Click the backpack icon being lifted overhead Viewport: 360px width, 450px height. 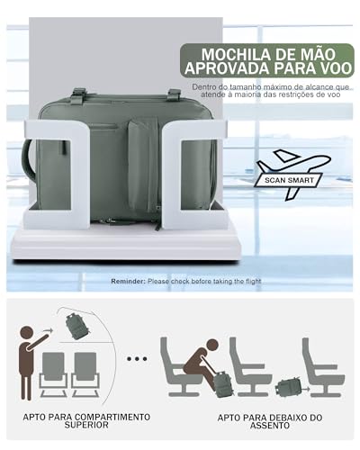(x=77, y=326)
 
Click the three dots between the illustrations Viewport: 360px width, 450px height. (x=137, y=358)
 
